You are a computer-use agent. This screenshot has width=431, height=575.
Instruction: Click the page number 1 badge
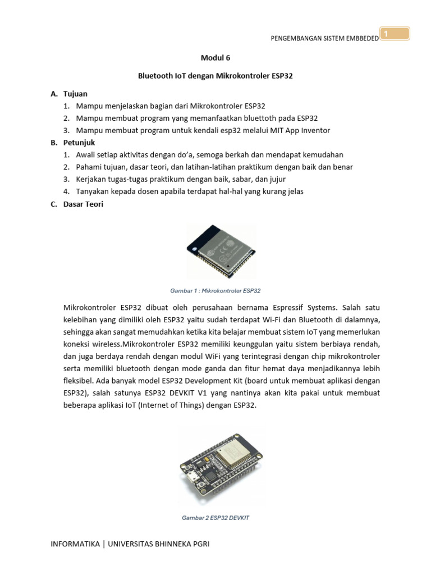coord(395,35)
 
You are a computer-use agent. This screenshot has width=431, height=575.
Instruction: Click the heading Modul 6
coord(215,57)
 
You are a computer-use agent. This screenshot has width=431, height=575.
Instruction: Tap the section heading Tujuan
coord(75,93)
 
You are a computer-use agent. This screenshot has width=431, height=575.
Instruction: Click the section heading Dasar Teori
coord(84,204)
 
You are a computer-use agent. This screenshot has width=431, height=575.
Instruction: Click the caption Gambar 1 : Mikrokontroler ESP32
coord(215,291)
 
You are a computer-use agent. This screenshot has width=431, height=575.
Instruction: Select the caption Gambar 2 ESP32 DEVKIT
coord(215,518)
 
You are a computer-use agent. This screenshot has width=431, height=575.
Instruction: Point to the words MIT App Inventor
coord(302,130)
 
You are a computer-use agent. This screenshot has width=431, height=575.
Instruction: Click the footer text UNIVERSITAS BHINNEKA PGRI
coord(159,544)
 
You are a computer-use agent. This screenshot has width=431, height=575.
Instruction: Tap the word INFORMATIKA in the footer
coord(75,544)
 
